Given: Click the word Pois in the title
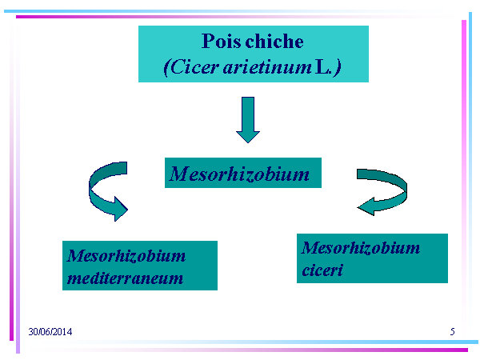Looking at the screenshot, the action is point(220,41).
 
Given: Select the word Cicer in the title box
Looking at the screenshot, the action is point(192,67).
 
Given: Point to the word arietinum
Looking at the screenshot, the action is point(267,67).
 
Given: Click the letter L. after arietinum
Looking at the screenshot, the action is point(322,67).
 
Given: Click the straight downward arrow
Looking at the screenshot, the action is point(248,120).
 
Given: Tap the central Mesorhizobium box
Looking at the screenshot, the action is point(243,173).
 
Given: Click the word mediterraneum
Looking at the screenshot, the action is point(126,278).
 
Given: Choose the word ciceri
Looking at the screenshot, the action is point(322,270).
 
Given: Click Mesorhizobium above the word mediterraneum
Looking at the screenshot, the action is point(126,256).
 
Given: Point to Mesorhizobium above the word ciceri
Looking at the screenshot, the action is point(361,248).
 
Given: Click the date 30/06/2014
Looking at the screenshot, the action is point(50,331).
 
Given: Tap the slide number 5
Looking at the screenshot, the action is point(453,331).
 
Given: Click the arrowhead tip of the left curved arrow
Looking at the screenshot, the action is point(127,210).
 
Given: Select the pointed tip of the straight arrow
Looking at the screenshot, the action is point(248,142).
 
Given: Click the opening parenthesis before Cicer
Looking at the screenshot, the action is point(166,68).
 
